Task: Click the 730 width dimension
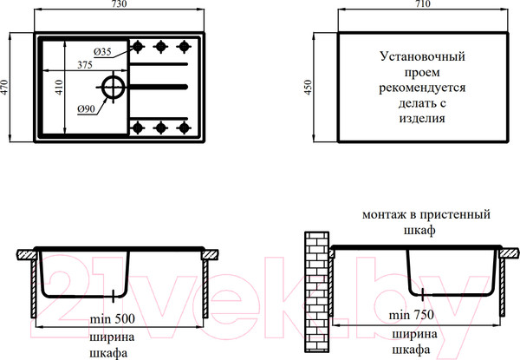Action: pyautogui.click(x=119, y=3)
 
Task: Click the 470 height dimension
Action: pyautogui.click(x=4, y=88)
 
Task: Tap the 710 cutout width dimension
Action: pyautogui.click(x=423, y=3)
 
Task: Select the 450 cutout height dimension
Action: pyautogui.click(x=309, y=88)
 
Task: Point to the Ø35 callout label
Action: pyautogui.click(x=102, y=52)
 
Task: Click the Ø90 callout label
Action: pyautogui.click(x=86, y=108)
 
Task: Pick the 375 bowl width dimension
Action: pyautogui.click(x=85, y=65)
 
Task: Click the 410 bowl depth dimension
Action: pyautogui.click(x=59, y=88)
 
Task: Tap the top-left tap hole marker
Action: pyautogui.click(x=138, y=47)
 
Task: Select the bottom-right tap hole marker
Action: pyautogui.click(x=184, y=128)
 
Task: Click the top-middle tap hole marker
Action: pyautogui.click(x=161, y=47)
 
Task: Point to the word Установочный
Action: pyautogui.click(x=422, y=56)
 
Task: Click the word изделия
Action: pyautogui.click(x=422, y=119)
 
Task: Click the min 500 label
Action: pyautogui.click(x=113, y=319)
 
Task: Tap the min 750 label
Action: pyautogui.click(x=411, y=315)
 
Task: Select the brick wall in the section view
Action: pyautogui.click(x=316, y=292)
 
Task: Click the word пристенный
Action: pyautogui.click(x=455, y=214)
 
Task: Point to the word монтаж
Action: pyautogui.click(x=385, y=214)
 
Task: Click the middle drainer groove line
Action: pyautogui.click(x=159, y=87)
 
